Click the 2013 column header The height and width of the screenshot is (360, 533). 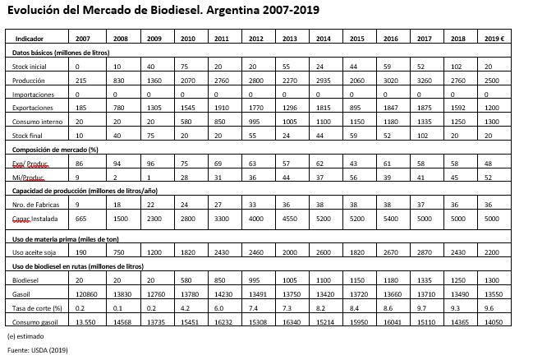pyautogui.click(x=290, y=39)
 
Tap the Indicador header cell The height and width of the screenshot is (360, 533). pyautogui.click(x=30, y=39)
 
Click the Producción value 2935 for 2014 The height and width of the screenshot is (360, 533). pyautogui.click(x=324, y=80)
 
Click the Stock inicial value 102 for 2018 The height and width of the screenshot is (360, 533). pyautogui.click(x=457, y=66)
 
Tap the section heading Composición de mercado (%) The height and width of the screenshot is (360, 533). pyautogui.click(x=56, y=150)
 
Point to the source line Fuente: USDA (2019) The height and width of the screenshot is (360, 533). pyautogui.click(x=39, y=351)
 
